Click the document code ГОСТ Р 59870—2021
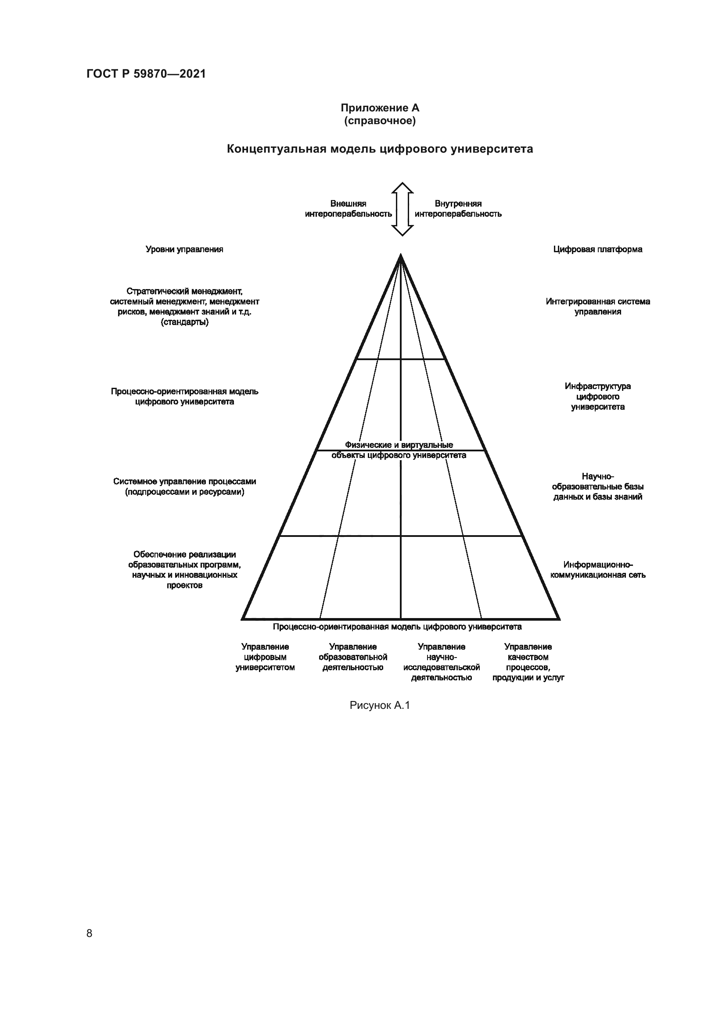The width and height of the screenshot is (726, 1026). coord(146,74)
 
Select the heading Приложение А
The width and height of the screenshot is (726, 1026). coord(380,108)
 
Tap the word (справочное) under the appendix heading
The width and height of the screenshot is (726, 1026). coord(380,121)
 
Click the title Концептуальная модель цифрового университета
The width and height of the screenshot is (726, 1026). coord(380,149)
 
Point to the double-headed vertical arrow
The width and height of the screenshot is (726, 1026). coord(403,209)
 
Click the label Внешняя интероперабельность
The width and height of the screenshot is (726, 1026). coord(348,209)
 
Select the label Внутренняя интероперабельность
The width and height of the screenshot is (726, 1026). coord(458,209)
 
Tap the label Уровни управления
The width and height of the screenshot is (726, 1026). coord(184,249)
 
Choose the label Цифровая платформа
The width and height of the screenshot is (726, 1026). coord(598,249)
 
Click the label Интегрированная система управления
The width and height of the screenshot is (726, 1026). coord(598,307)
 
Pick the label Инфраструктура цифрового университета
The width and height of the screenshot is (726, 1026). coord(598,397)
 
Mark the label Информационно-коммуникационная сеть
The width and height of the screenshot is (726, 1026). coord(598,570)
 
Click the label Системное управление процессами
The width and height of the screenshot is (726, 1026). coord(184,486)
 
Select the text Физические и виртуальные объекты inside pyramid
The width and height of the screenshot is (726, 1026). coord(399,450)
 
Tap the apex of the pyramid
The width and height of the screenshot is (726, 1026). coord(401,256)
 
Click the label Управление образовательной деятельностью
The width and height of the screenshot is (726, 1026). coord(353,657)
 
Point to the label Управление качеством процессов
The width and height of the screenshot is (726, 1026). coord(528,662)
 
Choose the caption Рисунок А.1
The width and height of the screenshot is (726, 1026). coord(380,706)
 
